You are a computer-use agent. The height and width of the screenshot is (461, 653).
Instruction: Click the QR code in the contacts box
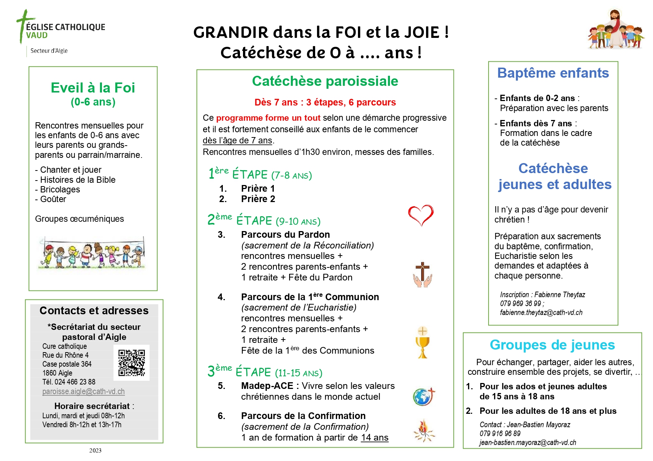(x=131, y=363)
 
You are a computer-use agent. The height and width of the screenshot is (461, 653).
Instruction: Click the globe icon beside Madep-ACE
(x=423, y=396)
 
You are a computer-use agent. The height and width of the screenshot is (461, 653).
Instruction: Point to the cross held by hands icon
(x=423, y=275)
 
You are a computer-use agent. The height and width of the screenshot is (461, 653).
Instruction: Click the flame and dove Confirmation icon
(x=424, y=431)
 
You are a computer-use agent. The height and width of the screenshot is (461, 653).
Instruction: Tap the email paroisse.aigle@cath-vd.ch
(x=83, y=392)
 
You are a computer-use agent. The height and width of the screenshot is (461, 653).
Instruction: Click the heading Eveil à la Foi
(x=93, y=88)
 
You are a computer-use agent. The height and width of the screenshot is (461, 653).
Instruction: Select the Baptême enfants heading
(x=553, y=73)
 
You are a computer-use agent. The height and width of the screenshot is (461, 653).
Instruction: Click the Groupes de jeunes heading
(x=552, y=345)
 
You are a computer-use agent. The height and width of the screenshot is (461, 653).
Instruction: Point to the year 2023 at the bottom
(x=95, y=451)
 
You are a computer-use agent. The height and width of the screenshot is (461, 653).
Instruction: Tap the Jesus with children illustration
(x=616, y=30)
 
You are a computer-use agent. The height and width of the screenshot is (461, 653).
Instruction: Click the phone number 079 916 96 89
(x=500, y=434)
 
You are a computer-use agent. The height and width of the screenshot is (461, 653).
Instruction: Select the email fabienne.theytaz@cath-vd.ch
(x=541, y=312)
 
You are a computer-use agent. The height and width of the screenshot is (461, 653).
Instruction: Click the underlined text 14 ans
(x=375, y=438)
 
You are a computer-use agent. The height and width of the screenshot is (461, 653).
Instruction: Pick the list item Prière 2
(x=258, y=199)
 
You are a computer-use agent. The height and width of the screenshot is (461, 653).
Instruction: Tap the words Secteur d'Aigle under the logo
(x=49, y=51)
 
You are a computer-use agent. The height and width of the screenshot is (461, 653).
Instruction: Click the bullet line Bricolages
(x=60, y=189)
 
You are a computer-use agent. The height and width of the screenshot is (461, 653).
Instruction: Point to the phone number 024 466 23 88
(x=75, y=382)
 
